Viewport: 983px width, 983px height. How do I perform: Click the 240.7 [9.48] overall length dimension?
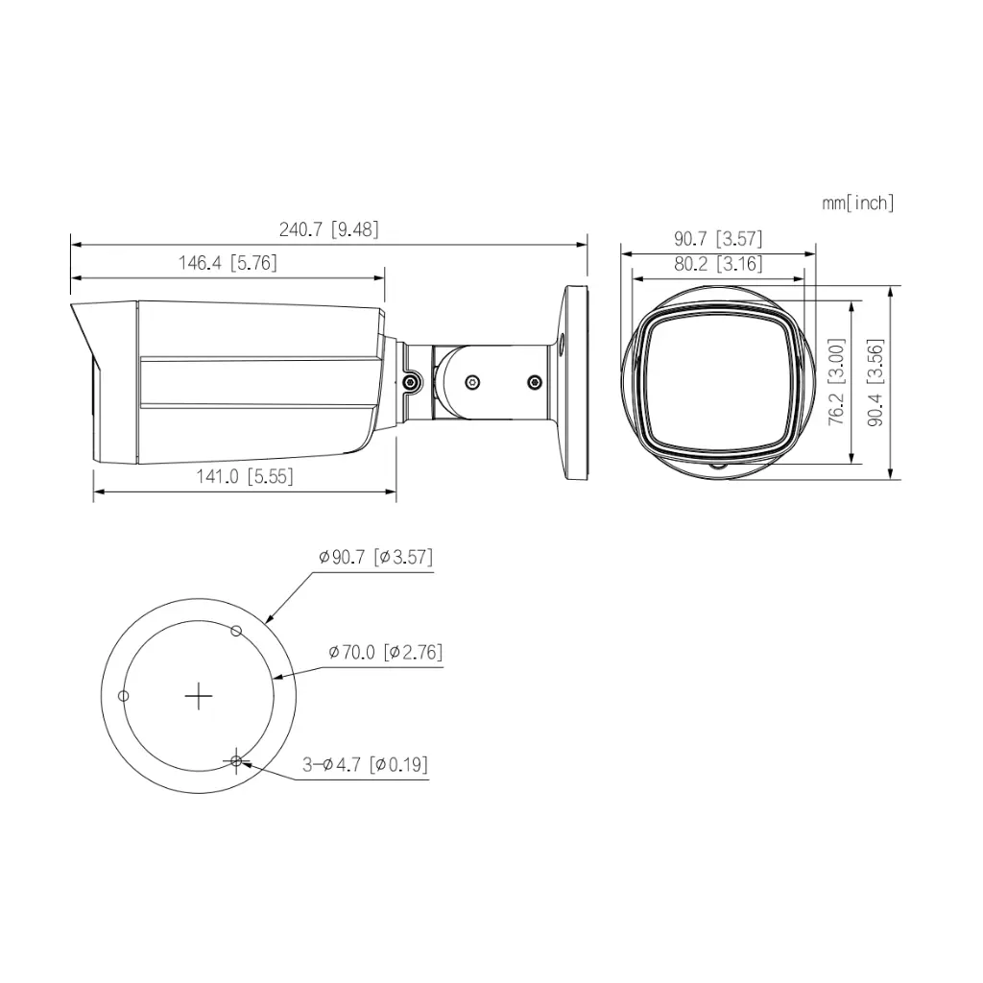pos(328,229)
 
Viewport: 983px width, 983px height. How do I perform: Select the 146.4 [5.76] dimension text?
pos(228,263)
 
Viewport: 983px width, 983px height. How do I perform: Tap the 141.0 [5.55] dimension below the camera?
pos(245,476)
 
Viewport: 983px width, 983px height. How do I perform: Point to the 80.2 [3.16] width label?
pos(718,264)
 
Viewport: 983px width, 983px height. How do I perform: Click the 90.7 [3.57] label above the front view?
pos(718,239)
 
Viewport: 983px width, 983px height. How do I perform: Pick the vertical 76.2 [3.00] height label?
pos(836,381)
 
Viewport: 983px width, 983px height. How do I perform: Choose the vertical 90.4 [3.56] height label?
pos(875,381)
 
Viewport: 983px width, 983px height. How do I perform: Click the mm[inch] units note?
pos(857,203)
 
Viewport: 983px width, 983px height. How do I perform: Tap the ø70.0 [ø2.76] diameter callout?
pos(385,653)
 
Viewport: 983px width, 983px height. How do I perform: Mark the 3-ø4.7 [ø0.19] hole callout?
pos(365,765)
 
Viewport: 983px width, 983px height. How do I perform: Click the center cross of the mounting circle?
pos(198,696)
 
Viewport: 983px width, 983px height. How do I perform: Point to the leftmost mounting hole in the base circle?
pos(122,696)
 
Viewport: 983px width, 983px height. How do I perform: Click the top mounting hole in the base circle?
pos(236,631)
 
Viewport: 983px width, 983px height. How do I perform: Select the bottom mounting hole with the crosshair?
pos(236,761)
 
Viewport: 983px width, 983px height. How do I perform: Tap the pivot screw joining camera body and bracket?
pos(411,382)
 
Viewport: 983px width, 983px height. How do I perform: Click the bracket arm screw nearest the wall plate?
pos(534,382)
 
